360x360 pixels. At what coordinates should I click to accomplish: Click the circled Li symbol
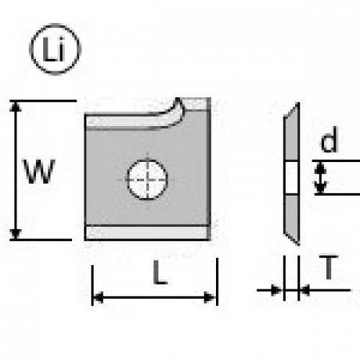[x=55, y=49]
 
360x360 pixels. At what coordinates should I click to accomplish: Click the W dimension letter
[x=39, y=171]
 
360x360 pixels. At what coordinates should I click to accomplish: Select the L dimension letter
[x=160, y=272]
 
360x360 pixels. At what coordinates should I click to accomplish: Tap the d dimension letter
[x=329, y=140]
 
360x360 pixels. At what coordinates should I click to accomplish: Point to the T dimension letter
[x=328, y=267]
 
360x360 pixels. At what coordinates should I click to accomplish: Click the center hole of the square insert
[x=147, y=179]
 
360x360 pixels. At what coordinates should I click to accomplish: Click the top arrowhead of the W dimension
[x=16, y=106]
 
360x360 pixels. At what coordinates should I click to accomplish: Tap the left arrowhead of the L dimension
[x=98, y=297]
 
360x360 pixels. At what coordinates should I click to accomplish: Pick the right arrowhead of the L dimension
[x=210, y=297]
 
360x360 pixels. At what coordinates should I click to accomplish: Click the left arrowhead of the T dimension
[x=276, y=290]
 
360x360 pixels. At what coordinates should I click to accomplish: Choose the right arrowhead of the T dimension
[x=305, y=290]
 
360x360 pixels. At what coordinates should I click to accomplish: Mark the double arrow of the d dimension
[x=320, y=178]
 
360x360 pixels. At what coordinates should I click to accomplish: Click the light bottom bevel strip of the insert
[x=147, y=233]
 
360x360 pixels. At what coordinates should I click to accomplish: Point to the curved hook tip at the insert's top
[x=178, y=99]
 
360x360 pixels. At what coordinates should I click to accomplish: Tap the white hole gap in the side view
[x=292, y=177]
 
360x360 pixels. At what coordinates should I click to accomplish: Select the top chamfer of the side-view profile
[x=292, y=110]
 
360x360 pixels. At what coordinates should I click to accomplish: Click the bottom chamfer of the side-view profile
[x=292, y=239]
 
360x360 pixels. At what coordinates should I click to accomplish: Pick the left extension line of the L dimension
[x=92, y=285]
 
